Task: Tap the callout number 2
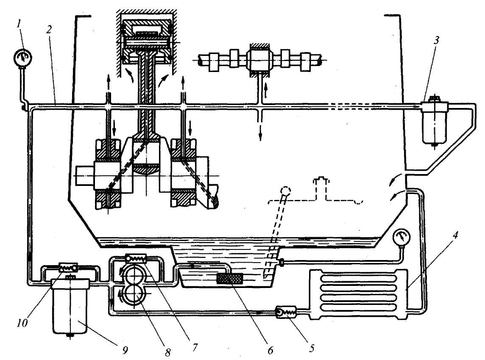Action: click(49, 30)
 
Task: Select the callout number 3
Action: click(436, 41)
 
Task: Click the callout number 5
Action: click(312, 348)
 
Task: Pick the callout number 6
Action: click(270, 350)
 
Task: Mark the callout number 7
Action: click(194, 347)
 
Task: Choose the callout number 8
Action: click(167, 352)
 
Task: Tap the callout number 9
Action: click(125, 350)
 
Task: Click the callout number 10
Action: click(22, 323)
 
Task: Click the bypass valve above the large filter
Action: click(68, 267)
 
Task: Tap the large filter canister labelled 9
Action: click(71, 306)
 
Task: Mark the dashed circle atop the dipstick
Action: click(285, 190)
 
